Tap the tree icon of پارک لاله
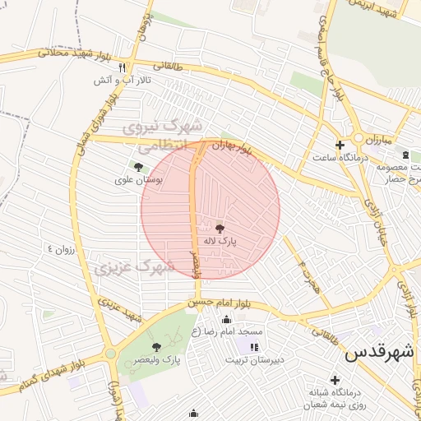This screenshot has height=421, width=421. [220, 228]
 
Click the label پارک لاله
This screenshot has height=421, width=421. [220, 242]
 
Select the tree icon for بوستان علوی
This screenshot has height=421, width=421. [138, 166]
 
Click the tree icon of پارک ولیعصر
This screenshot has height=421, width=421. [156, 347]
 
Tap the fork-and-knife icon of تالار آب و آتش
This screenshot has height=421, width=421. [123, 67]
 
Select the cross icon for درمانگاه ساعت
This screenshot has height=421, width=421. [340, 145]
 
